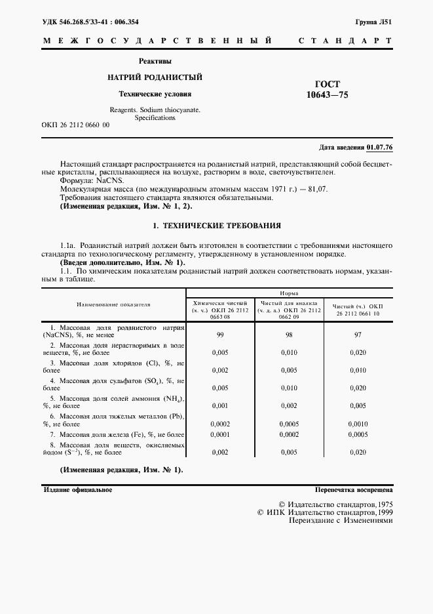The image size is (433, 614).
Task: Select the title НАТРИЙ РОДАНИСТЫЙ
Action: point(155,77)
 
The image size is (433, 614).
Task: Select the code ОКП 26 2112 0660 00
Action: point(75,125)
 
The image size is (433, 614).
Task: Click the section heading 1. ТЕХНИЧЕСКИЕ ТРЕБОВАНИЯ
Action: point(217,225)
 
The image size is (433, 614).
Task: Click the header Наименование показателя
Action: point(113,304)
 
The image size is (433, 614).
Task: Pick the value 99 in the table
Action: point(220,334)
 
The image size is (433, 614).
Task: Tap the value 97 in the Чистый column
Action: point(358,334)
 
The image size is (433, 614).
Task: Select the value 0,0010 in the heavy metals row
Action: point(358,424)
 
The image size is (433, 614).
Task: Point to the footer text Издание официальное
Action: point(78,490)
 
